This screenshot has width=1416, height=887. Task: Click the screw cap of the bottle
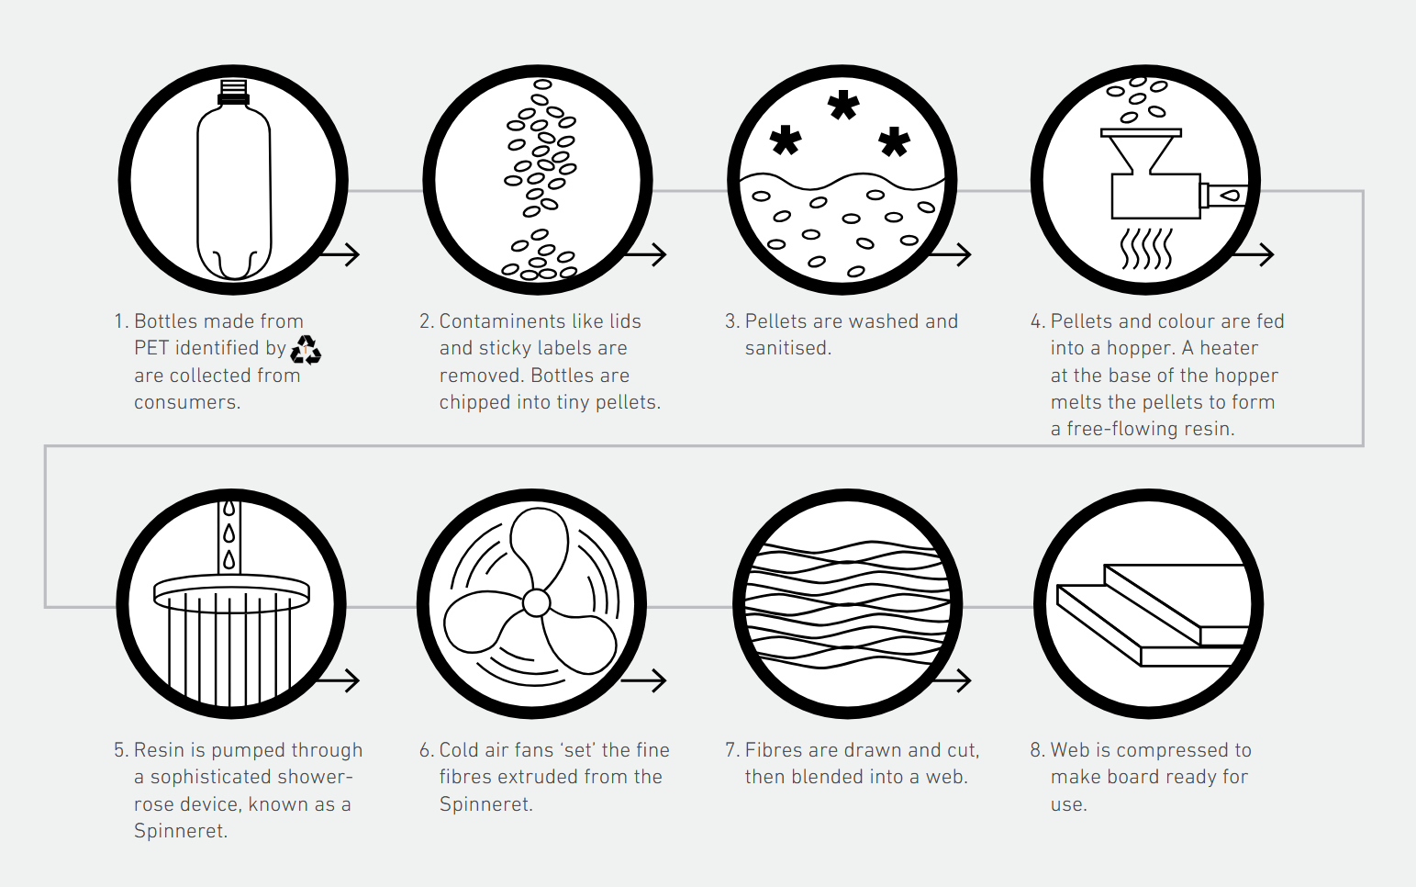point(233,92)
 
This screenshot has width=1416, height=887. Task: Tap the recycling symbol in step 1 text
point(306,350)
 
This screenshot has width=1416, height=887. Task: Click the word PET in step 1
point(152,348)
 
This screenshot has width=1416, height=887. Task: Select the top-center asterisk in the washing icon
point(843,106)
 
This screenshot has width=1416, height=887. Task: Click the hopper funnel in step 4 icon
point(1141,152)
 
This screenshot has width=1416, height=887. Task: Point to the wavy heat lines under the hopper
point(1147,248)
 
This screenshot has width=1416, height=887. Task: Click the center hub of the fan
point(536,603)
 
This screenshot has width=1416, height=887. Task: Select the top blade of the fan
point(540,547)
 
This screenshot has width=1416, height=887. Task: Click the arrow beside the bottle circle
point(340,254)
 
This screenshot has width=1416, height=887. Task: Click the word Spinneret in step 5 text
point(180,831)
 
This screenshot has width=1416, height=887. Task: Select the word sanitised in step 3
point(787,348)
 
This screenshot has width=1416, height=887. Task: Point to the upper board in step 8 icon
point(1176,595)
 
